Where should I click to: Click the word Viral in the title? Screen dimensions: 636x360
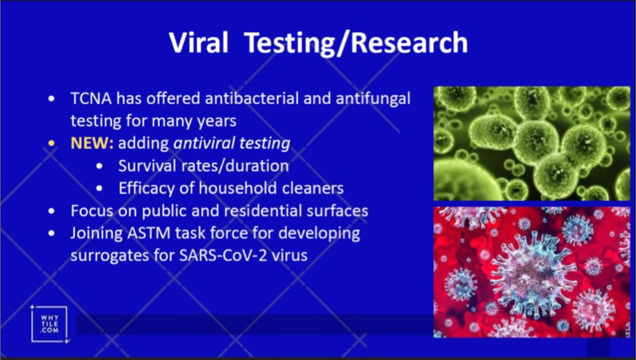click(198, 41)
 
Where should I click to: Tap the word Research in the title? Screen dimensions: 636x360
click(409, 41)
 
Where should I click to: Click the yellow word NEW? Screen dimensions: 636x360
click(92, 143)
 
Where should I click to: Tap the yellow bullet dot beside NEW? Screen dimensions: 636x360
click(51, 143)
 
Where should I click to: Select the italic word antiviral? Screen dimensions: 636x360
click(204, 143)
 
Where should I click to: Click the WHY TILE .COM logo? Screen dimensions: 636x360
click(49, 324)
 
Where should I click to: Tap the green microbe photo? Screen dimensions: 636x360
click(532, 143)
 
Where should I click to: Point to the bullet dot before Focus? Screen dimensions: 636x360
click(51, 211)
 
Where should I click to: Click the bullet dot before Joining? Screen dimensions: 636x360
click(51, 233)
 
